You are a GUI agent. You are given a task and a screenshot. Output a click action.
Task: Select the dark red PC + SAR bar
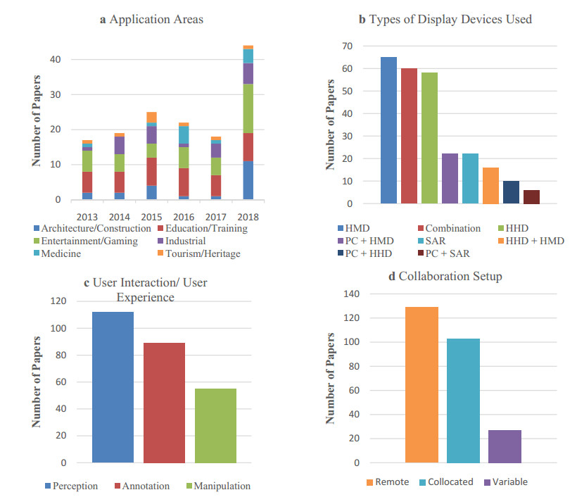(531, 197)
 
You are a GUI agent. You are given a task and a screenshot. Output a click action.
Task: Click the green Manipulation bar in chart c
(215, 426)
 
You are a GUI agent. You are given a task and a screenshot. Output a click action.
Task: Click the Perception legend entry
(74, 486)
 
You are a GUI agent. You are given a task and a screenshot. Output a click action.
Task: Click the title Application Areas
(151, 19)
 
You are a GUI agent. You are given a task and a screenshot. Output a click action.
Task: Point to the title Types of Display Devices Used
(445, 19)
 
